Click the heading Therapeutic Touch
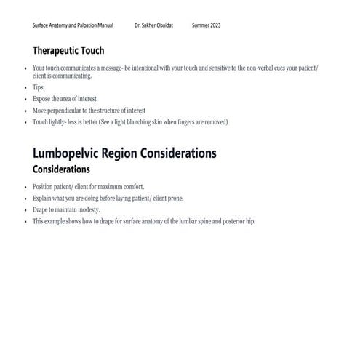point(68,51)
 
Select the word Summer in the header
point(199,25)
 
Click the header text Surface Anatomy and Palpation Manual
point(73,25)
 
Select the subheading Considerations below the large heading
point(61,169)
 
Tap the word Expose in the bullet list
point(42,98)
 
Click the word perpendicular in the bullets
point(73,110)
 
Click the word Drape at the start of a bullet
point(41,210)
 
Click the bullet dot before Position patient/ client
point(25,187)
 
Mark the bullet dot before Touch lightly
point(25,121)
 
